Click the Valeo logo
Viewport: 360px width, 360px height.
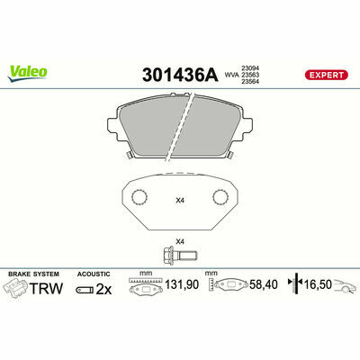pos(27,74)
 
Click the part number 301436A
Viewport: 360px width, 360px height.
pos(180,75)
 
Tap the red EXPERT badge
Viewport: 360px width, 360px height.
pos(327,75)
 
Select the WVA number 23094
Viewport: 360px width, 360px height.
pos(250,68)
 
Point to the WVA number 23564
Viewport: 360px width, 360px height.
pos(250,81)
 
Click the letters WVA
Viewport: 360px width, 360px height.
pos(231,75)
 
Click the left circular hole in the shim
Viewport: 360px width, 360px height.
pos(139,197)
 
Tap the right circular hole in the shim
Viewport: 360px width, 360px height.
pos(220,197)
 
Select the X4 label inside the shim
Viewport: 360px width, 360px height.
pos(180,201)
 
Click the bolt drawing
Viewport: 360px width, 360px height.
pos(180,255)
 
